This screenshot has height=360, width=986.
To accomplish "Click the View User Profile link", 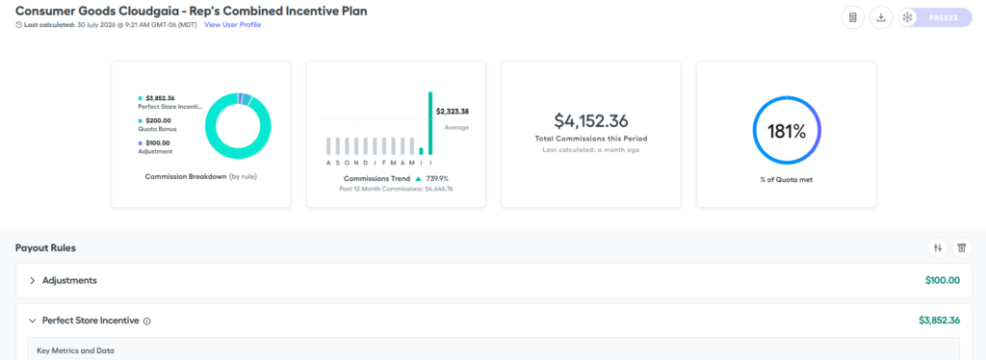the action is [x=233, y=24].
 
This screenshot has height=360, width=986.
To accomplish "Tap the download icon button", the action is [x=881, y=17].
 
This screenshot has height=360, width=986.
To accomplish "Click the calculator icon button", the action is [x=853, y=17].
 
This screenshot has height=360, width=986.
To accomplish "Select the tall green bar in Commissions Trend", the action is [x=430, y=123].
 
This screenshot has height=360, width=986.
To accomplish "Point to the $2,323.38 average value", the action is [x=453, y=112].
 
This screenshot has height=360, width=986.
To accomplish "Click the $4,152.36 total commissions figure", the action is [x=591, y=121].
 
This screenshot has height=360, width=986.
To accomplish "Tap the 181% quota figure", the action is [x=786, y=131].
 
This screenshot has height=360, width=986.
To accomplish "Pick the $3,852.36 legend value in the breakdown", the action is [x=161, y=98].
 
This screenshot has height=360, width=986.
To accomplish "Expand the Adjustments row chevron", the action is [x=32, y=280].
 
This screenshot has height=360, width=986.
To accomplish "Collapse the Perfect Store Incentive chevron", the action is [x=32, y=321].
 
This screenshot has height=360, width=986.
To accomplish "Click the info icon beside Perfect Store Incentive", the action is [x=147, y=321].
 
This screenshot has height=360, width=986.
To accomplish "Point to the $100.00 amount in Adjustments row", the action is [x=943, y=280].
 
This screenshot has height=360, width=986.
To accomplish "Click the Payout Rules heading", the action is [x=45, y=248].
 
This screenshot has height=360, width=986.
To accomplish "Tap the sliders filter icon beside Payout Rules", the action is [x=938, y=248].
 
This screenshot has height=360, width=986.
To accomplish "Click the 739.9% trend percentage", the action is [x=438, y=178].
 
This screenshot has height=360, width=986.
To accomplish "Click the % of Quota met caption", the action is [x=786, y=180].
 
